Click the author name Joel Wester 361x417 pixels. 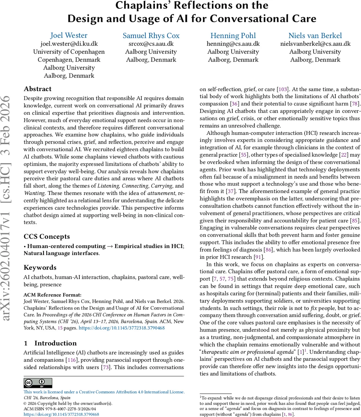click(69, 35)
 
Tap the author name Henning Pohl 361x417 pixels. click(233, 35)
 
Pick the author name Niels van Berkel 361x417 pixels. click(315, 35)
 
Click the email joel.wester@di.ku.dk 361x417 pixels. click(69, 44)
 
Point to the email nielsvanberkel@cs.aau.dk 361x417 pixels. click(315, 44)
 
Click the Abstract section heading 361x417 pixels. click(38, 89)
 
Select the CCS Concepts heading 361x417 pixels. click(47, 237)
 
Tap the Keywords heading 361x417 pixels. click(40, 268)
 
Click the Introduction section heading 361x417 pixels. click(55, 343)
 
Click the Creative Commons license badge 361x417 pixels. click(38, 383)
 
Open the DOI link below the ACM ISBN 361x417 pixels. click(61, 415)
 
